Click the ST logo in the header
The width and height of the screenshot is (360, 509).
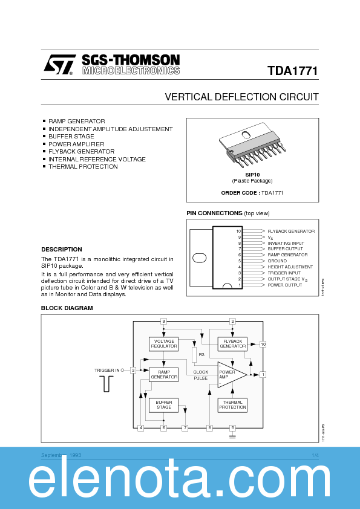59,65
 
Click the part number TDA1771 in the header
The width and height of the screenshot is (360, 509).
292,71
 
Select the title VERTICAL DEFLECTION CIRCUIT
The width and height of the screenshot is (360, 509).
241,97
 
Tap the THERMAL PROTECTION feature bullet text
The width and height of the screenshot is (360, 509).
83,167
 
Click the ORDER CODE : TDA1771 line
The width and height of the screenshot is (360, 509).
252,193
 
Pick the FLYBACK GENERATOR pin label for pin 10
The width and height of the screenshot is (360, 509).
291,231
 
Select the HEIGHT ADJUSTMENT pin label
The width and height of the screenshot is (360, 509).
290,267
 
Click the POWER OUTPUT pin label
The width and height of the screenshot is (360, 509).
285,285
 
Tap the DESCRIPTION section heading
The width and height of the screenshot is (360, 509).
61,249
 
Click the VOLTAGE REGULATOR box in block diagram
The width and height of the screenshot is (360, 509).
164,344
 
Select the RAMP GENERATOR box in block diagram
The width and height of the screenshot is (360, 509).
164,374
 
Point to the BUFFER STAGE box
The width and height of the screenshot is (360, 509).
164,404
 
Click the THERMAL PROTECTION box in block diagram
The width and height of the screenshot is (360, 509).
232,404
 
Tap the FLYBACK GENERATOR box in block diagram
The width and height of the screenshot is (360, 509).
232,344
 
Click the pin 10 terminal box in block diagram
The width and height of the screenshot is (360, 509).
263,344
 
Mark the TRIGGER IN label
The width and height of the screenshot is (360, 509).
107,370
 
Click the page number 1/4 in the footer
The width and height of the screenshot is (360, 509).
315,455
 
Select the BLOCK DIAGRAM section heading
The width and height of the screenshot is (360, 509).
67,308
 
